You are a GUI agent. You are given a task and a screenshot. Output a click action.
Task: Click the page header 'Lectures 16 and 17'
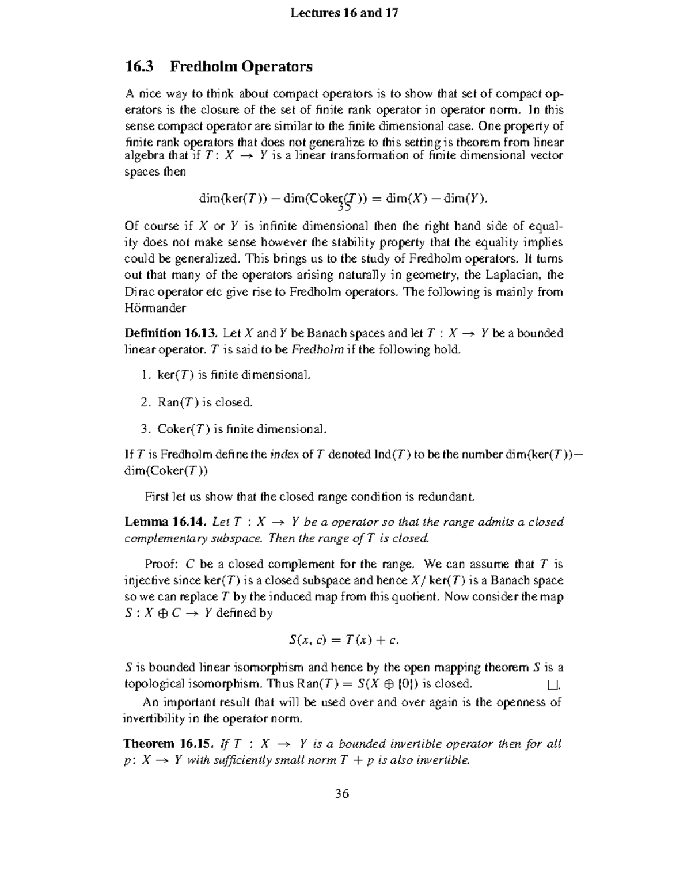click(344, 13)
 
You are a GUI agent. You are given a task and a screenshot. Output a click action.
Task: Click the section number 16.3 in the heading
click(139, 67)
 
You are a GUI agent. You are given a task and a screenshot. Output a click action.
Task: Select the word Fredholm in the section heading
click(203, 67)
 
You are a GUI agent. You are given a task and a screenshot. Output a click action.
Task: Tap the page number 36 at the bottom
click(342, 794)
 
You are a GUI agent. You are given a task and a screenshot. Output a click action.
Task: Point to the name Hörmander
click(155, 308)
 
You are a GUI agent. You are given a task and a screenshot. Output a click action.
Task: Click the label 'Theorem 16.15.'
click(170, 744)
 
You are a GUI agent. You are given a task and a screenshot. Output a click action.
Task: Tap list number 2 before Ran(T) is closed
click(145, 402)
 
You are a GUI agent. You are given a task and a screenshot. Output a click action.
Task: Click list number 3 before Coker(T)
click(145, 429)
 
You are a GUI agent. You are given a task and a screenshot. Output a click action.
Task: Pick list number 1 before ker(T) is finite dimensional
click(145, 375)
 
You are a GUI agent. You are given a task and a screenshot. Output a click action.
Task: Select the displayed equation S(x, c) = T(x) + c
click(343, 640)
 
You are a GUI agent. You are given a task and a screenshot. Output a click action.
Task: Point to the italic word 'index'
click(284, 455)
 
